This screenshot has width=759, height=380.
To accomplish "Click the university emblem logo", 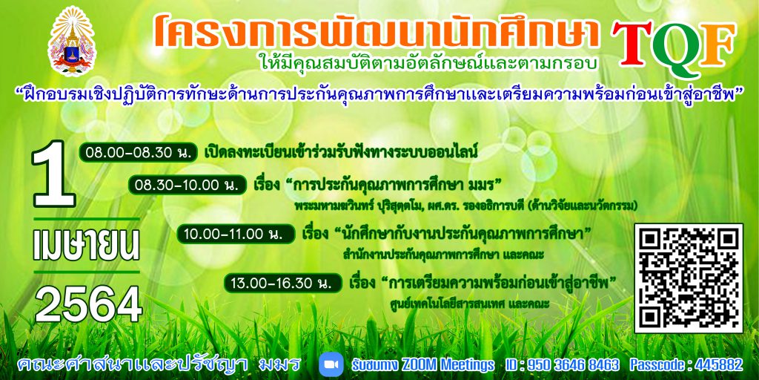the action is click(72, 42).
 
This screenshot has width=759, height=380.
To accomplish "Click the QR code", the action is click(689, 278).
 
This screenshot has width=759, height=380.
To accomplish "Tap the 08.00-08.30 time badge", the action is click(139, 152).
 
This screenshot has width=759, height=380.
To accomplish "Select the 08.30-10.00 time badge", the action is click(187, 185).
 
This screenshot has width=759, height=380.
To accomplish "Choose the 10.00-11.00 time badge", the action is click(236, 234).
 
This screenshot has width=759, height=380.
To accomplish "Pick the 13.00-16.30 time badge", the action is click(284, 283).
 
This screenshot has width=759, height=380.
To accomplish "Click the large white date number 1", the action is click(54, 174).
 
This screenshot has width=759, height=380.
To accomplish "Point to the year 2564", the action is click(89, 305).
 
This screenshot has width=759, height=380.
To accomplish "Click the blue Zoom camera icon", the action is click(331, 364).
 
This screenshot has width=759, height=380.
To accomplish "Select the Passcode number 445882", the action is click(717, 364).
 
